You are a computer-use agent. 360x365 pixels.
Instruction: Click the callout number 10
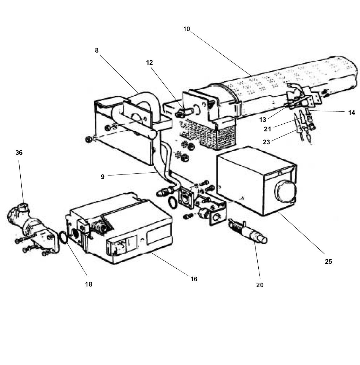(186, 29)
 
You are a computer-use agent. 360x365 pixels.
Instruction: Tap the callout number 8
(97, 50)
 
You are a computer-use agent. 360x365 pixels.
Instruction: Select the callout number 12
(150, 63)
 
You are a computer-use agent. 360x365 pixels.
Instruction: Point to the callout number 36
(19, 153)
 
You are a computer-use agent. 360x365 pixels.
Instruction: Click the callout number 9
(103, 177)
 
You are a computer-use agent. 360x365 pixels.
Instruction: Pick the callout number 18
(88, 284)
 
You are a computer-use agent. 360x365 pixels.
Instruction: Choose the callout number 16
(194, 279)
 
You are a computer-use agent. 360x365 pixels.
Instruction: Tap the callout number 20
(259, 285)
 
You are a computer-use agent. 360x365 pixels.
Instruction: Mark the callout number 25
(328, 261)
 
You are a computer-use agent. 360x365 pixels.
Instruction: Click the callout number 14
(352, 113)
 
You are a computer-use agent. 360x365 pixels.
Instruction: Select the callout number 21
(268, 129)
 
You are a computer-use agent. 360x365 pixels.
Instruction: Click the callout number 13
(263, 120)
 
